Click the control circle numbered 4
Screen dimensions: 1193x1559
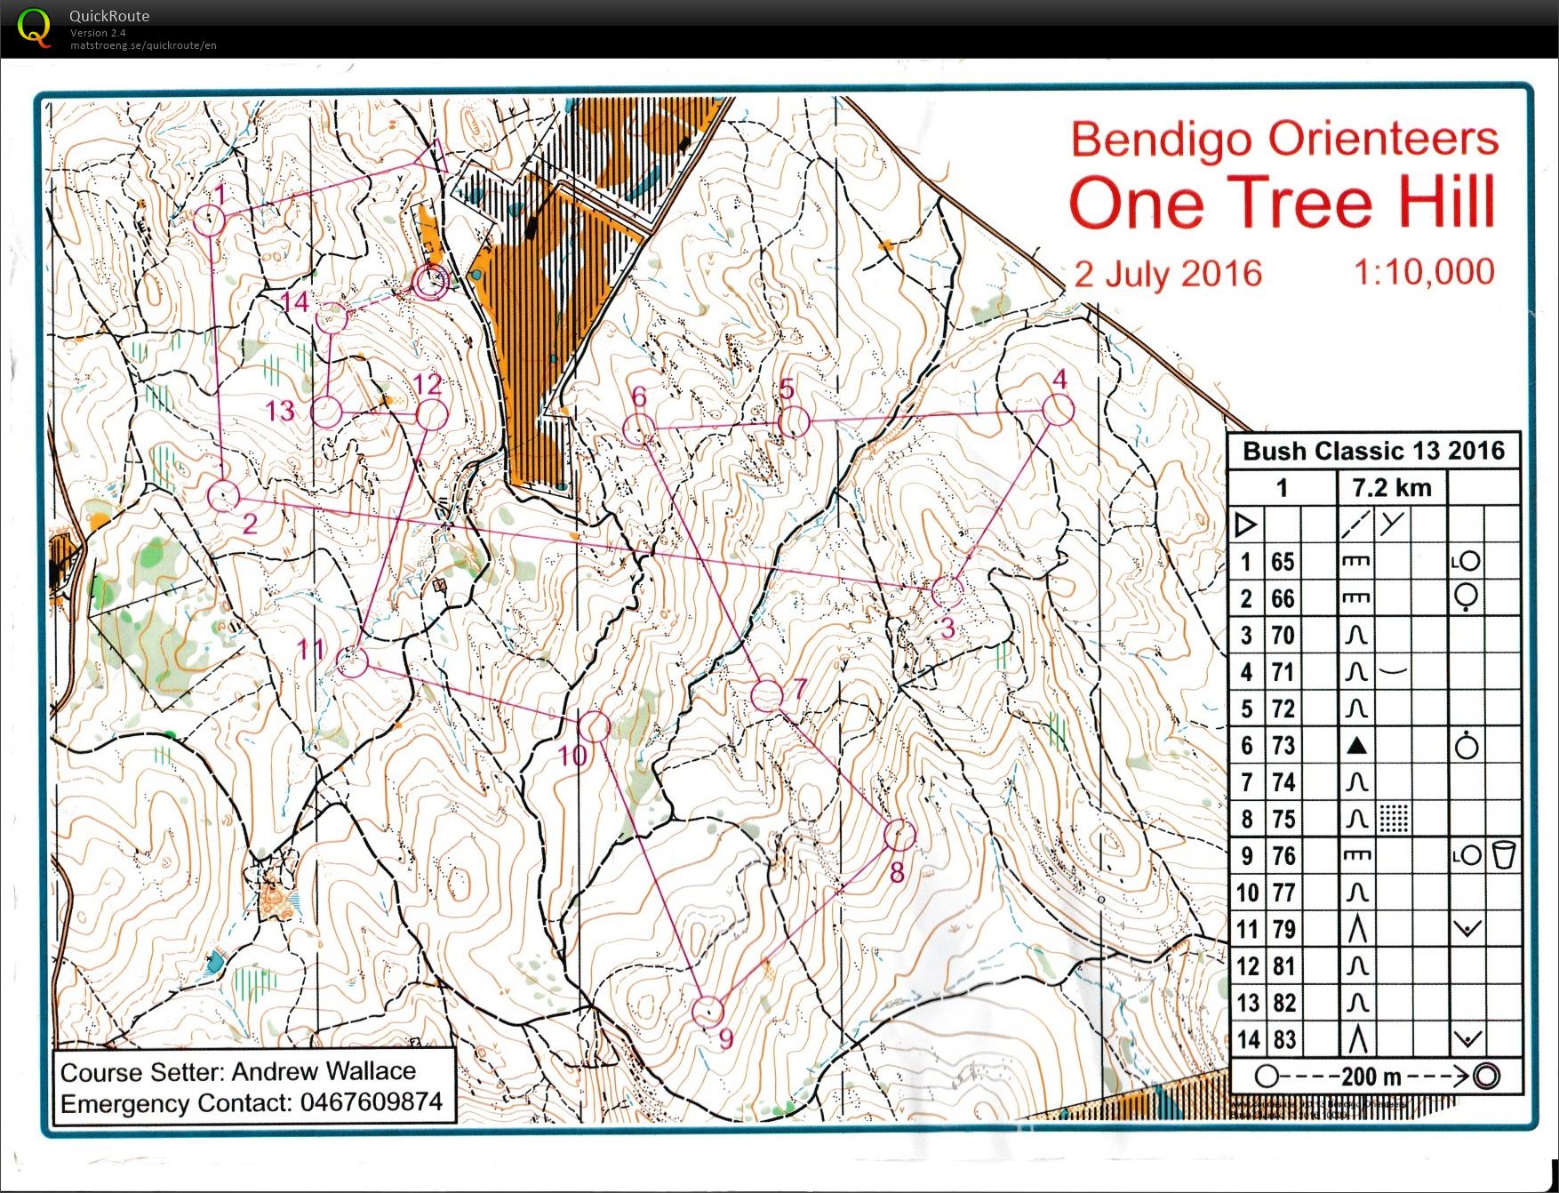1058,410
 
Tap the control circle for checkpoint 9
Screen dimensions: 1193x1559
708,1011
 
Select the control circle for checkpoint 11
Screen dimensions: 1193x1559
353,662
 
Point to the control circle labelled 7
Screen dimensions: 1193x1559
766,695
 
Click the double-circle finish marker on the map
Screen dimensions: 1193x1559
431,282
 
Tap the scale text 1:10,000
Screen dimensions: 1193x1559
1423,272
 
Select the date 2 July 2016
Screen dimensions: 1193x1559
1168,274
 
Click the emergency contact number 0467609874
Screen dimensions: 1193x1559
371,1102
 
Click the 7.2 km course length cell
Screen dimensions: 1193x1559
1391,488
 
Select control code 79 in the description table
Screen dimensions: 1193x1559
1283,930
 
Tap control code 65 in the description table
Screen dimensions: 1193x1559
1283,562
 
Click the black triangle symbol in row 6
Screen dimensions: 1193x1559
1355,746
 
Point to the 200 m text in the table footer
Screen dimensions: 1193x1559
1371,1077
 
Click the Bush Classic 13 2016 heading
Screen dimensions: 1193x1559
1373,451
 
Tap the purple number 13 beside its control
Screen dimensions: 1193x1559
280,411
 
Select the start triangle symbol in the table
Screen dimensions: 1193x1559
1245,524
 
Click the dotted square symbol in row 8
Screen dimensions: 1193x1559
1394,819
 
